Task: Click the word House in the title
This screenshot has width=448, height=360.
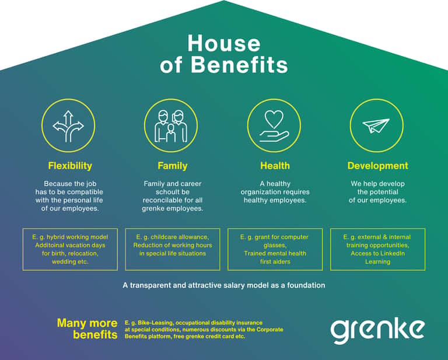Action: [x=224, y=43]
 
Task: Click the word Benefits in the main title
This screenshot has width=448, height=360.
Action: [x=239, y=65]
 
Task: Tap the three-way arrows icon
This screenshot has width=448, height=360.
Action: [x=68, y=126]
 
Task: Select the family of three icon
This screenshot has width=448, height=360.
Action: [x=171, y=126]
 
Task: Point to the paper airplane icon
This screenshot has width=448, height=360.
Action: [x=376, y=125]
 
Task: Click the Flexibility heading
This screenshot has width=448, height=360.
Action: [x=70, y=166]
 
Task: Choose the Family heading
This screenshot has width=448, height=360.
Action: [x=173, y=166]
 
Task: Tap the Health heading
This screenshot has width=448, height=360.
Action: [x=275, y=166]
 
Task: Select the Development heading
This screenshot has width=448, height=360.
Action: [x=378, y=166]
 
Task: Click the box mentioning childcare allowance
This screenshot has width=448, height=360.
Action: [x=173, y=249]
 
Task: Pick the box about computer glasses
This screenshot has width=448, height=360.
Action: [x=275, y=249]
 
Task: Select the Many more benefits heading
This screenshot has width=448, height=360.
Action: [x=87, y=329]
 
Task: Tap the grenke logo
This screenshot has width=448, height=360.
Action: [x=377, y=331]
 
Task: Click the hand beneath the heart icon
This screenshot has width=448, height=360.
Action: [x=274, y=137]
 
